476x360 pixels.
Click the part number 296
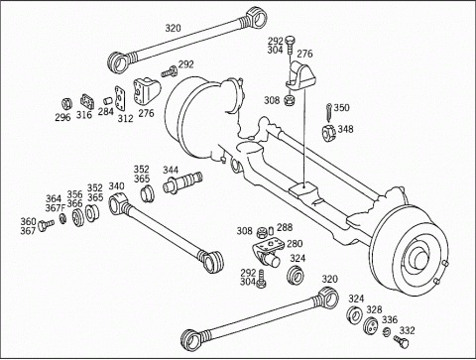[62, 117]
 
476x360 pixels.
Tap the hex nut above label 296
[67, 104]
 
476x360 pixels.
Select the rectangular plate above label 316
[87, 102]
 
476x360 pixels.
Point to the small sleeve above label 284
[107, 100]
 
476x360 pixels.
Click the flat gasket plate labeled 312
[120, 99]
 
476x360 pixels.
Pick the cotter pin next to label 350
[329, 113]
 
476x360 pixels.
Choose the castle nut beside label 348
[329, 132]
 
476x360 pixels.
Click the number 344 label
[171, 171]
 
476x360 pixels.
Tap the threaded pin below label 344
[182, 182]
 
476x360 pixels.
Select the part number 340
[116, 186]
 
